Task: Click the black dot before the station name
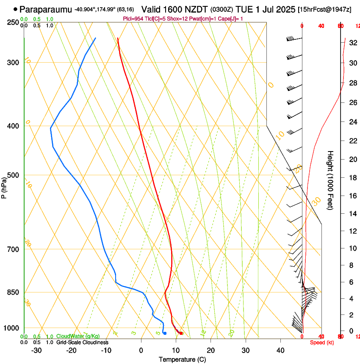tap(16, 9)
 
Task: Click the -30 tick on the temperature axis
tap(36, 350)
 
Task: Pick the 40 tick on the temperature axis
tap(280, 350)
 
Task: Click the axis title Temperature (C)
tap(182, 359)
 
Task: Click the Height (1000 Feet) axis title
tap(331, 180)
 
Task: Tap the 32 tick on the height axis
tap(352, 43)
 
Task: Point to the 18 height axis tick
tap(352, 178)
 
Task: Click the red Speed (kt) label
tap(322, 342)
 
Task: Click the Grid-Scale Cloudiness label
tap(82, 342)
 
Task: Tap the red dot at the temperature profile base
tap(181, 334)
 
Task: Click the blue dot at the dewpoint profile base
tap(165, 334)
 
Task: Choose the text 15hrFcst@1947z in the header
tap(324, 9)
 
